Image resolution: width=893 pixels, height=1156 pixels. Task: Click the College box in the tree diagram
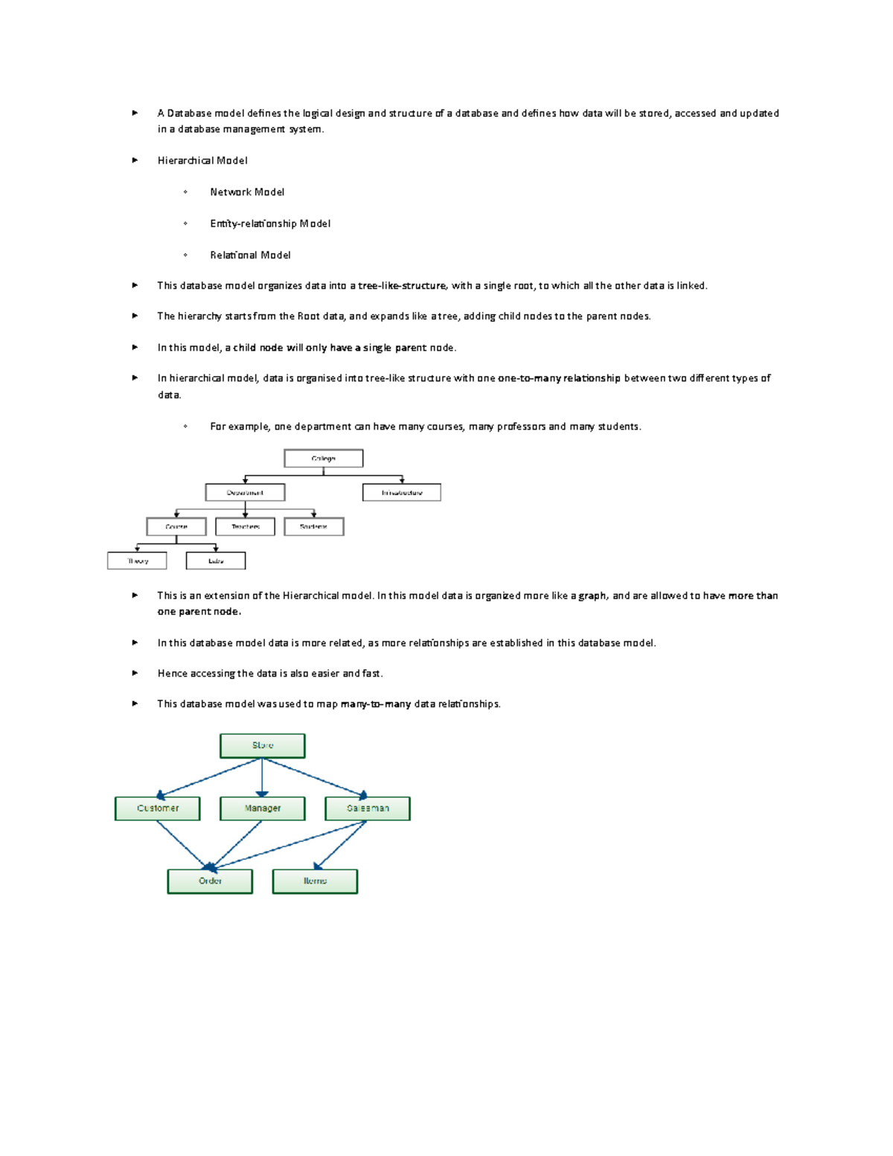coord(323,459)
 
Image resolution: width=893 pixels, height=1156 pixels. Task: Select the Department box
coord(245,493)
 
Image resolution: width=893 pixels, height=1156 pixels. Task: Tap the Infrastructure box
coord(402,493)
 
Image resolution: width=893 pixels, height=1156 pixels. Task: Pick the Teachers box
coord(245,527)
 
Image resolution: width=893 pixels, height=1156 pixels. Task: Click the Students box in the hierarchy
coord(313,527)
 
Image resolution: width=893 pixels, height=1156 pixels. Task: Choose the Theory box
coord(137,561)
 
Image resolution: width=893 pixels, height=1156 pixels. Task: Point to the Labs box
coord(216,561)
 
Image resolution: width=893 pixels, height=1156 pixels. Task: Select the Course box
coord(176,527)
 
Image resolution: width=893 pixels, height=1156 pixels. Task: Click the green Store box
coord(262,746)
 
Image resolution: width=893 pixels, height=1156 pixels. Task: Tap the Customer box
coord(158,808)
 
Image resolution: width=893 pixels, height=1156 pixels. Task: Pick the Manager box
coord(262,808)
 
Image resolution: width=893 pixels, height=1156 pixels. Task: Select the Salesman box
coord(368,808)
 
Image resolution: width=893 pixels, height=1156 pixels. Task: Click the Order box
coord(210,881)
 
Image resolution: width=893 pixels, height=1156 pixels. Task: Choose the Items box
coord(315,881)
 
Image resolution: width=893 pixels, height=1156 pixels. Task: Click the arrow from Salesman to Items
coord(340,845)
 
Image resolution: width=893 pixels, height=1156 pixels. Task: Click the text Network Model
coord(247,192)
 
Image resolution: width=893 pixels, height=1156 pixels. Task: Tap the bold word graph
coord(592,595)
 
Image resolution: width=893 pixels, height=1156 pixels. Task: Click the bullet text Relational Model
coord(250,255)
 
